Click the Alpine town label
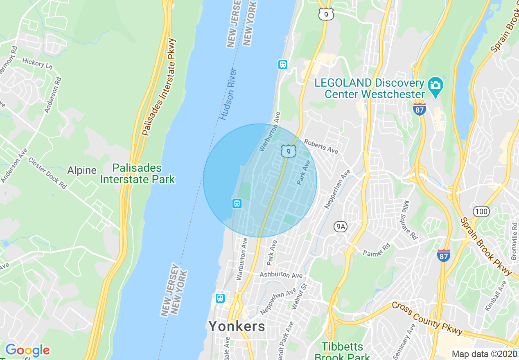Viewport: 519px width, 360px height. click(x=82, y=170)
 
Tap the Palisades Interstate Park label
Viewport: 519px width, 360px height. click(x=138, y=173)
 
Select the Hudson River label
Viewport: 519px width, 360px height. click(x=228, y=94)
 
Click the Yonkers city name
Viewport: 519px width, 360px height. click(x=237, y=326)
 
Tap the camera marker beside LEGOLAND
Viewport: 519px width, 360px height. click(x=435, y=86)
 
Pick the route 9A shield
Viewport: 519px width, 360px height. click(x=341, y=226)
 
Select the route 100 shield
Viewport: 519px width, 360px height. click(x=481, y=211)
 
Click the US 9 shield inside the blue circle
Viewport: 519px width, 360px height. click(x=289, y=151)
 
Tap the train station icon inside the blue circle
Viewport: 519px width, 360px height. click(x=237, y=203)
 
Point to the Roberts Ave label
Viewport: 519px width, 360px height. click(x=321, y=146)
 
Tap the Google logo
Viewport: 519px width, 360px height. click(x=27, y=351)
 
